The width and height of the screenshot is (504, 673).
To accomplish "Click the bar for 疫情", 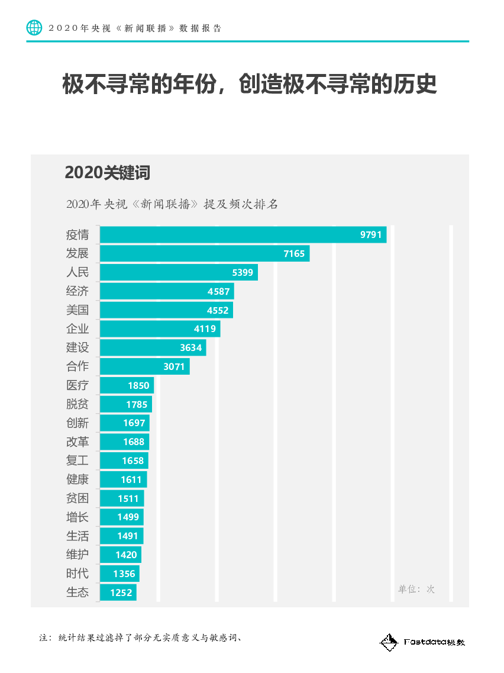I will coord(243,234).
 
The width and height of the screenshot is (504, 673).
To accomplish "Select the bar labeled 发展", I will coord(204,253).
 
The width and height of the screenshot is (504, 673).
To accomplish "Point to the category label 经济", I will coord(77,291).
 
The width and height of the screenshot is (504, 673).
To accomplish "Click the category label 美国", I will coord(77,310).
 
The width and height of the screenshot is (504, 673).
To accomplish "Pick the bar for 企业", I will coord(160,329).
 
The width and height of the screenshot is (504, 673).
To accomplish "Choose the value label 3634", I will coord(191,347).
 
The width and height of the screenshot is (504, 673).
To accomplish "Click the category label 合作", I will coord(77,366).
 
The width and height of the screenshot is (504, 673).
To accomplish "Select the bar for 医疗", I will coord(127,385).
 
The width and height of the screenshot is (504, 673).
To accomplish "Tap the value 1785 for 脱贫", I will coord(137,404).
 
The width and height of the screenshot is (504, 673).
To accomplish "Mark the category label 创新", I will coord(77,423).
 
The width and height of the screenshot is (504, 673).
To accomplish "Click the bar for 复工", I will coord(124,461).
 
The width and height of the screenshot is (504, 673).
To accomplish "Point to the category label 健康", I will coord(77,479).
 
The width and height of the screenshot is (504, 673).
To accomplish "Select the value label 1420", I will coord(126,555).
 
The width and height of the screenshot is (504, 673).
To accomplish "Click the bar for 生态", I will coord(118,593).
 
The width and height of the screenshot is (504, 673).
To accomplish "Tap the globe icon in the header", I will coord(34,27).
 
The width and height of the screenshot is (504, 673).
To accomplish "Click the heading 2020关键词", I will coord(107,173).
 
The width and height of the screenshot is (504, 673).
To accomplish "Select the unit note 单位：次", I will coord(416,589).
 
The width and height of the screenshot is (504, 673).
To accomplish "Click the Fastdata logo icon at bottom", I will coord(388,642).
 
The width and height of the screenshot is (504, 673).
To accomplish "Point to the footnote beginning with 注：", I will coord(143,637).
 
